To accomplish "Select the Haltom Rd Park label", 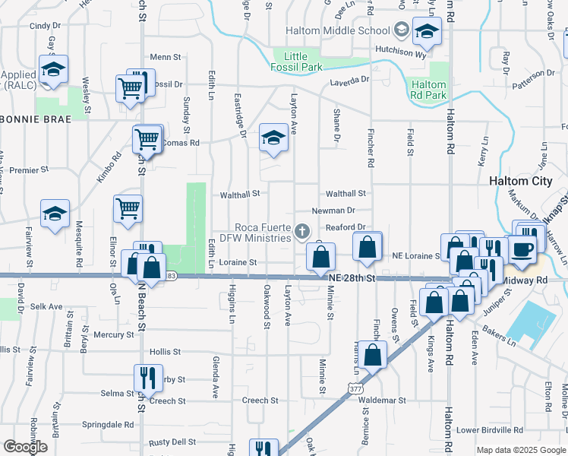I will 428,90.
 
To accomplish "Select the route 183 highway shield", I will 172,276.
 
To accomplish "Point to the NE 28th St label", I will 352,280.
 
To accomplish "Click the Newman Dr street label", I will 333,211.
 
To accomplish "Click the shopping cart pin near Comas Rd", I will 147,141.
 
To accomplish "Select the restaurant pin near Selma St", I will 147,378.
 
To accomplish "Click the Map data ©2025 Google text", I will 520,450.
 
